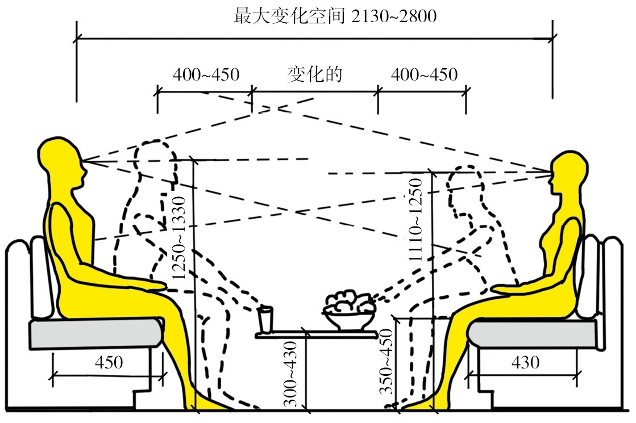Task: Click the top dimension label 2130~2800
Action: (394, 16)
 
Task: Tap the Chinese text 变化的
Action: (315, 74)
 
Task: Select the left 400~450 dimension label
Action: (206, 74)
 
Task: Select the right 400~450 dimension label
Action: (424, 74)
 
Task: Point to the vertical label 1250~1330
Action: (178, 238)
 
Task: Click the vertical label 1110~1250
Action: (415, 220)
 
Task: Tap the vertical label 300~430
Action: (290, 374)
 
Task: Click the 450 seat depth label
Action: (109, 362)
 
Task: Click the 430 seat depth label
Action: (525, 362)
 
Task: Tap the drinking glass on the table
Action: (265, 320)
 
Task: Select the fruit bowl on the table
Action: (349, 311)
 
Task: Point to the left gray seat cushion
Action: (95, 333)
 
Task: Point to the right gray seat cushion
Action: (532, 333)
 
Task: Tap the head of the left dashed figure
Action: (155, 161)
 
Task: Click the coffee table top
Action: (317, 335)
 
